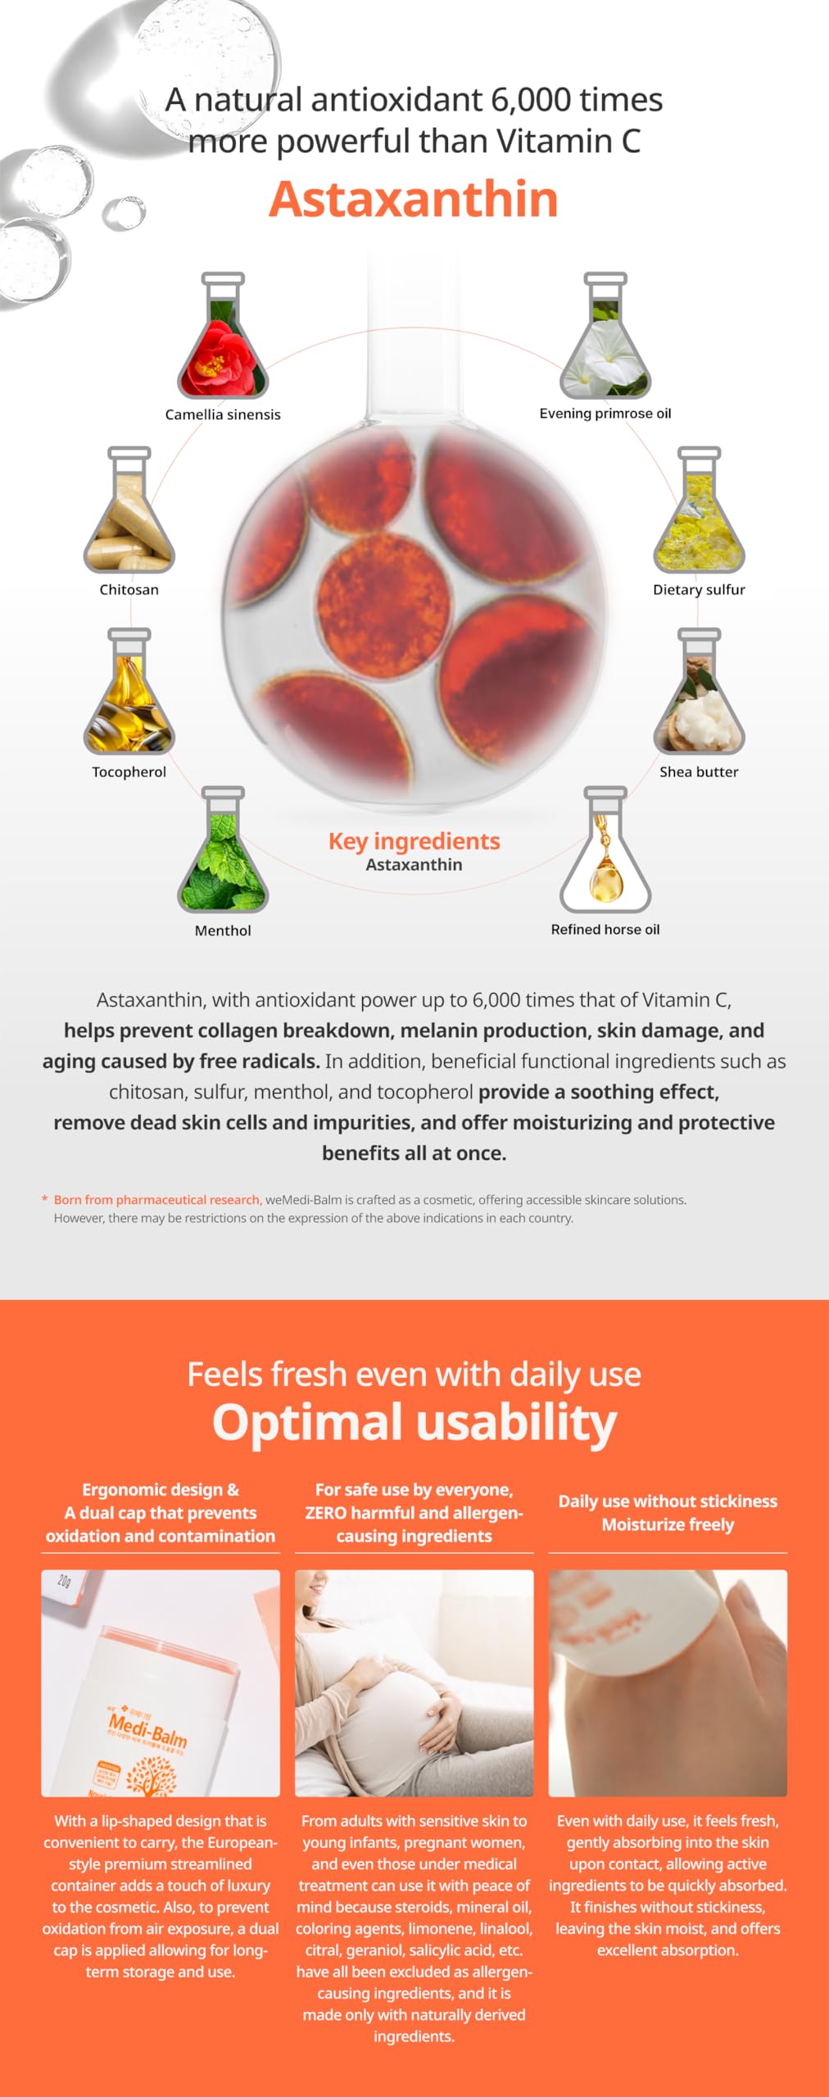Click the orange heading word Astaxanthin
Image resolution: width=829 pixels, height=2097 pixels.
click(x=414, y=199)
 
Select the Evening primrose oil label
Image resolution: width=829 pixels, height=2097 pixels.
click(x=605, y=414)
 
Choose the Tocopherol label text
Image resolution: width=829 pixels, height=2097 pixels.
click(x=129, y=772)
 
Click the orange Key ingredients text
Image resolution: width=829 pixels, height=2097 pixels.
click(x=414, y=841)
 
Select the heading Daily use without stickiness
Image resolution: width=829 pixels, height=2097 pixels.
click(x=668, y=1501)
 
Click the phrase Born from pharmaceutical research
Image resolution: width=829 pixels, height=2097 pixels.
click(x=157, y=1199)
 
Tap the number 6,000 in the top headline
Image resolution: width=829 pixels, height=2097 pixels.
click(x=531, y=100)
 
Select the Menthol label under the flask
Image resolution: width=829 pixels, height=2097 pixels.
click(x=223, y=931)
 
